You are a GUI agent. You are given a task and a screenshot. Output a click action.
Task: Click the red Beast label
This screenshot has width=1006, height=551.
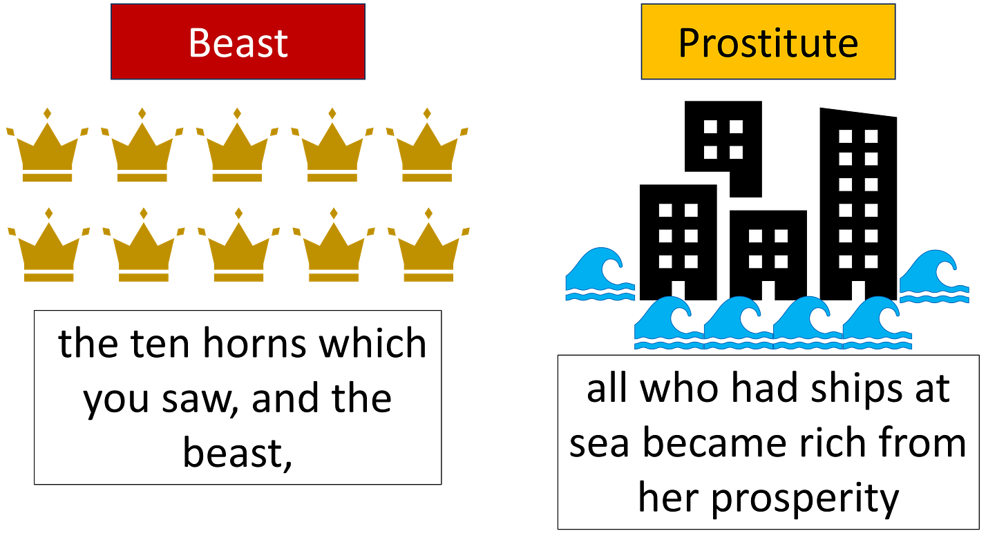coord(238,42)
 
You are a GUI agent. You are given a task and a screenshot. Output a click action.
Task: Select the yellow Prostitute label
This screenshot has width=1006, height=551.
coord(768,42)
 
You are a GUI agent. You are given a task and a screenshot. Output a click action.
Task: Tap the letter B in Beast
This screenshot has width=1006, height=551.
coord(200,43)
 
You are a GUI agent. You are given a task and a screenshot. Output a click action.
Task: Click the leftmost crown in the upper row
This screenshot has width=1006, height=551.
coord(47,148)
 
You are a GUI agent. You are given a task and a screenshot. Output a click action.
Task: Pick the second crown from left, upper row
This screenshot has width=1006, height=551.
coord(142,148)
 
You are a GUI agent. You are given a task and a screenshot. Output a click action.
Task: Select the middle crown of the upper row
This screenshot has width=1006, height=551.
coord(237,148)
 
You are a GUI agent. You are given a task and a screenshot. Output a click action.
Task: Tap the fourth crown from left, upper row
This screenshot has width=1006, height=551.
coord(332,148)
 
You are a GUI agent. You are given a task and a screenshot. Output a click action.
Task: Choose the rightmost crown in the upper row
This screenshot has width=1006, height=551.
coord(427,148)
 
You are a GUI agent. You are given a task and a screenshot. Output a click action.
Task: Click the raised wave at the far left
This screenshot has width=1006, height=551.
coord(599,275)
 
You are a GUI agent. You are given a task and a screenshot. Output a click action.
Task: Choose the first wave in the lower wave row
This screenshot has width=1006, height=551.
coord(668,323)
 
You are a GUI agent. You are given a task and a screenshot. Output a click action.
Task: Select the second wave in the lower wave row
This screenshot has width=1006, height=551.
coord(737,323)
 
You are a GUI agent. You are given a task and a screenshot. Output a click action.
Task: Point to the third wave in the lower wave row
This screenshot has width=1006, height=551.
coord(807,323)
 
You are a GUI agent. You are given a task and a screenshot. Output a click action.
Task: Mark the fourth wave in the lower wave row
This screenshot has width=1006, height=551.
coord(877,323)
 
